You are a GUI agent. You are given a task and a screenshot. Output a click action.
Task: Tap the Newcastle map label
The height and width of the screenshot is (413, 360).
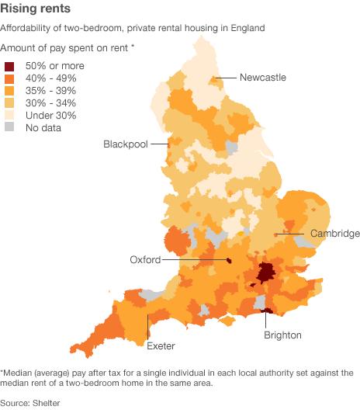click(x=263, y=78)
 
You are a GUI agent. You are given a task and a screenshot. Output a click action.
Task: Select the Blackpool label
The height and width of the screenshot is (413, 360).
click(x=126, y=145)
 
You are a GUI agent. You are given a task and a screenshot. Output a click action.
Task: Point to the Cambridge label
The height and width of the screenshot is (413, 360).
click(x=335, y=234)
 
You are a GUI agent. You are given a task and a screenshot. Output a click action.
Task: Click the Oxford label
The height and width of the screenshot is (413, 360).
click(x=145, y=260)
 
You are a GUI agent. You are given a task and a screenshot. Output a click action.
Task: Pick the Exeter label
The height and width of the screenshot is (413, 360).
click(x=161, y=345)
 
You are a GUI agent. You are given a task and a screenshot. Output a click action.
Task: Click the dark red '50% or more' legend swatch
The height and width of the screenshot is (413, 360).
click(x=9, y=66)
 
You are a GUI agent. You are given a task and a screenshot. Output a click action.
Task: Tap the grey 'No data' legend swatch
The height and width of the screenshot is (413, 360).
click(x=9, y=128)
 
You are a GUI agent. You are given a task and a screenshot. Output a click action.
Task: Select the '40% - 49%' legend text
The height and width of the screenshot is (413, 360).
click(x=52, y=78)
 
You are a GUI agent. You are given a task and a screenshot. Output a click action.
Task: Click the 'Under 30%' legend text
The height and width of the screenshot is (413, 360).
click(x=50, y=116)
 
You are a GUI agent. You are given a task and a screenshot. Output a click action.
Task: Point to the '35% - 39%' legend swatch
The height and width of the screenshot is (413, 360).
click(x=9, y=91)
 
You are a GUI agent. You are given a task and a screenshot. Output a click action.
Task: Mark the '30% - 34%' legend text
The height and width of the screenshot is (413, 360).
click(x=52, y=103)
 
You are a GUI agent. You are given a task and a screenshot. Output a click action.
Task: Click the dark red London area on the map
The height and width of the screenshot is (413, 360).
click(x=266, y=272)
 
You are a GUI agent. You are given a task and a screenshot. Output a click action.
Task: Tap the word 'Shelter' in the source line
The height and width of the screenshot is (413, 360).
click(x=46, y=403)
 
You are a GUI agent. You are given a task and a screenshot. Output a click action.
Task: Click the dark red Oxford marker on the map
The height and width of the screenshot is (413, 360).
click(x=229, y=261)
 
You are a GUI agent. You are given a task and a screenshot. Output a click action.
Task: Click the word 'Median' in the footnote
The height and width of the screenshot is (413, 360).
click(x=19, y=372)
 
